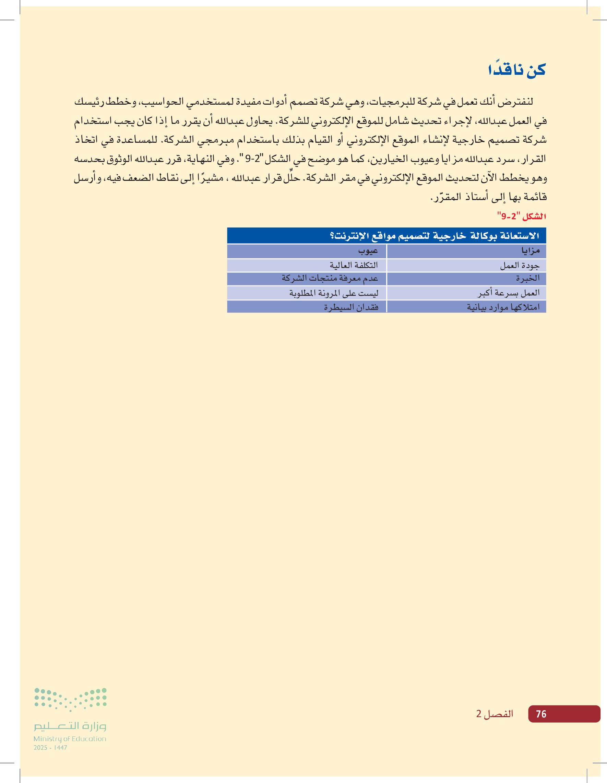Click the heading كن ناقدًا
coord(516,70)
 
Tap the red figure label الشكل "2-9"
coord(521,216)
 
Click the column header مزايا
coord(530,251)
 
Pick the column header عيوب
coord(368,251)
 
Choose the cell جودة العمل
coord(520,265)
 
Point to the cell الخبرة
coord(527,278)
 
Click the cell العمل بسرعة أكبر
coord(509,293)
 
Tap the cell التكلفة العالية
coord(354,265)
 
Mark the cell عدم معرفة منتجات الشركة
coord(330,278)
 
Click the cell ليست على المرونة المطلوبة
coord(334,293)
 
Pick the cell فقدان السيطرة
coord(351,307)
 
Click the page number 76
coord(541,714)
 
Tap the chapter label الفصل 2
coord(495,714)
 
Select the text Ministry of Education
coord(70,738)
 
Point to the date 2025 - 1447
coord(50,748)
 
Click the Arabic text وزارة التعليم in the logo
coord(70,726)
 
